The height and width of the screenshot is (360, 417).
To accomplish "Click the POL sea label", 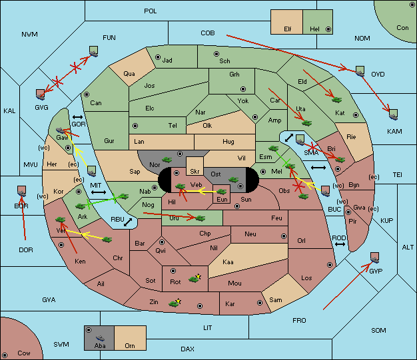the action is (x=151, y=11).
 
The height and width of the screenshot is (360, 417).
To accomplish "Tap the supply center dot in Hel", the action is (x=328, y=29).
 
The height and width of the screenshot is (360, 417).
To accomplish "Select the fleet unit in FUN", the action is (x=93, y=51).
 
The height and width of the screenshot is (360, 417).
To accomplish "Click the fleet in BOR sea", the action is (x=21, y=191).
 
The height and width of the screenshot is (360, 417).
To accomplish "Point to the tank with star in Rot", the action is (x=195, y=278).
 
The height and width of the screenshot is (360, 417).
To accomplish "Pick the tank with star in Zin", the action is (x=175, y=303).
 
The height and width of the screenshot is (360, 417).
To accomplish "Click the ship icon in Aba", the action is (x=100, y=338).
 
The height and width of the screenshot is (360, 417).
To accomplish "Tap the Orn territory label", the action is (x=130, y=345).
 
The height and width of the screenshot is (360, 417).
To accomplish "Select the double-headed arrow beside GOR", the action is (x=77, y=117).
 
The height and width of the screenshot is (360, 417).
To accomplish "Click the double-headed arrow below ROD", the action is (x=340, y=244).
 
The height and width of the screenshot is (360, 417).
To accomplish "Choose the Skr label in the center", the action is (x=195, y=172).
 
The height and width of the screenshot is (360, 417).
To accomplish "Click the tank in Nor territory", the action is (x=167, y=160).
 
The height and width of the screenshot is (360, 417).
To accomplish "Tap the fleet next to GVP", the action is (x=374, y=258).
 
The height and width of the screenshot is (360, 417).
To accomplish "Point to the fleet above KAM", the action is (x=393, y=114).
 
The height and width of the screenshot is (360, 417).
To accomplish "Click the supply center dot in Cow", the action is (x=5, y=355).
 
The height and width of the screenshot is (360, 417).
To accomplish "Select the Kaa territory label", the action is (x=228, y=262).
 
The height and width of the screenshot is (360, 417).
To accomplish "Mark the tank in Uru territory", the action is (x=201, y=218).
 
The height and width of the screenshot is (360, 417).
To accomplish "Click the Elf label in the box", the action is (x=288, y=29).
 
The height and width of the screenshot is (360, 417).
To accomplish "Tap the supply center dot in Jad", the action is (x=158, y=57).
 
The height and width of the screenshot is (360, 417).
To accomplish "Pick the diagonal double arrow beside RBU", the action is (x=128, y=222).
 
